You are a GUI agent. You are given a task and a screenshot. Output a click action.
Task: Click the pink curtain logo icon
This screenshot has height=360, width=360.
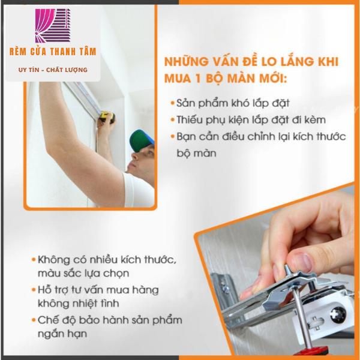[x=53, y=26]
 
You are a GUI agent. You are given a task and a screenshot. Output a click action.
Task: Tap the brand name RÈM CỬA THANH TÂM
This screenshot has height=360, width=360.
[x=53, y=52]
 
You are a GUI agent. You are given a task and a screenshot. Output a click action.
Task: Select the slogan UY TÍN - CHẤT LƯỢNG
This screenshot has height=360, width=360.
[x=53, y=70]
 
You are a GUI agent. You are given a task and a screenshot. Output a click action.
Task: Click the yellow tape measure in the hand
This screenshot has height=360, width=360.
[x=107, y=117]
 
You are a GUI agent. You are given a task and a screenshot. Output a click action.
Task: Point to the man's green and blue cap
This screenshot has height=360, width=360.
[x=141, y=140]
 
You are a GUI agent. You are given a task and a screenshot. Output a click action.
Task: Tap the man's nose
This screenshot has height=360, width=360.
[x=134, y=156]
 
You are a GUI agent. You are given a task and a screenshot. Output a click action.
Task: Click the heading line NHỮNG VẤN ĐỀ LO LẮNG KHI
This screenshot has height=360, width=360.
[x=251, y=62]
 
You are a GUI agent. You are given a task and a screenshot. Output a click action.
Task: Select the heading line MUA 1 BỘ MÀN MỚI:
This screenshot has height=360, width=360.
[x=226, y=79]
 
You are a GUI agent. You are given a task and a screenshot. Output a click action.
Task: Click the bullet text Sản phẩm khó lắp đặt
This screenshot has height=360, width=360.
[x=233, y=103]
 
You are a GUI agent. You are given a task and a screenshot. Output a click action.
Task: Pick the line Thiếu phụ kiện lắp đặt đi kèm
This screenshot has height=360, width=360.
[x=251, y=120]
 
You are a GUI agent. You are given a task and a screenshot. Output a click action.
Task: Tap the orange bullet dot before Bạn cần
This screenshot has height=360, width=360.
[x=173, y=137]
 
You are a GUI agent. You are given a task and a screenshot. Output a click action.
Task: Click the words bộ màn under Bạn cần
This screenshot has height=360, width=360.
[x=197, y=153]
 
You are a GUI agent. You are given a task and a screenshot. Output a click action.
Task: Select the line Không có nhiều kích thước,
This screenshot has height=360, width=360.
[x=107, y=260]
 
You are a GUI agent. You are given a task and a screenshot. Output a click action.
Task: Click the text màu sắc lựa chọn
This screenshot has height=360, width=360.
[x=83, y=274]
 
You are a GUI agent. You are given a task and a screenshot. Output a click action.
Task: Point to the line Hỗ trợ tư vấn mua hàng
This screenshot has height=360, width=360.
[x=98, y=290]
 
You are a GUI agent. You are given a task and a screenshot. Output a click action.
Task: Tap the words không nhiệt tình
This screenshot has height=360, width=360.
[x=78, y=304]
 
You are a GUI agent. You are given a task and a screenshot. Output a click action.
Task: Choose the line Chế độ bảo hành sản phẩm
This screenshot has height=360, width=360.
[x=110, y=320]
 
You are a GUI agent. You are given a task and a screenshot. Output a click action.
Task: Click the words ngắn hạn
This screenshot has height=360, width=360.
[x=62, y=334]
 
